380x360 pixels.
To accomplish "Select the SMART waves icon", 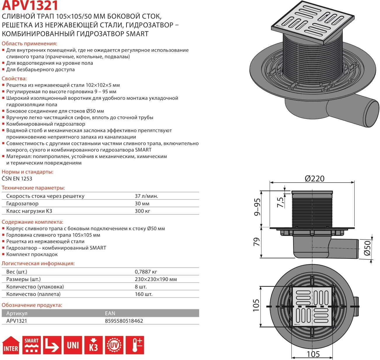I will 31,345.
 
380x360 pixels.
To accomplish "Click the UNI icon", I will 73,345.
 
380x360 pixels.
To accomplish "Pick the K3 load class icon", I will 93,345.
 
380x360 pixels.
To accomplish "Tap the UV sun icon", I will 114,345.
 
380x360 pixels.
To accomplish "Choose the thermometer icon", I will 135,345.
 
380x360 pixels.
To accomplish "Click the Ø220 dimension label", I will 314,178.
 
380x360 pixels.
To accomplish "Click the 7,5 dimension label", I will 280,202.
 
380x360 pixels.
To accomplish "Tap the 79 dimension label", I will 257,242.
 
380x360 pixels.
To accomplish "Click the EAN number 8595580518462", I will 124,321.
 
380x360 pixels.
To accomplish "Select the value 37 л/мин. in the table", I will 146,196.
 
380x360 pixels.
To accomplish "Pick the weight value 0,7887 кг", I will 146,272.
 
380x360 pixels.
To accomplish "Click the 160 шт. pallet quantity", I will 143,294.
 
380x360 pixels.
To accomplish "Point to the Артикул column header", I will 17,313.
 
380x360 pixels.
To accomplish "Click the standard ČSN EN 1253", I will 17,178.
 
